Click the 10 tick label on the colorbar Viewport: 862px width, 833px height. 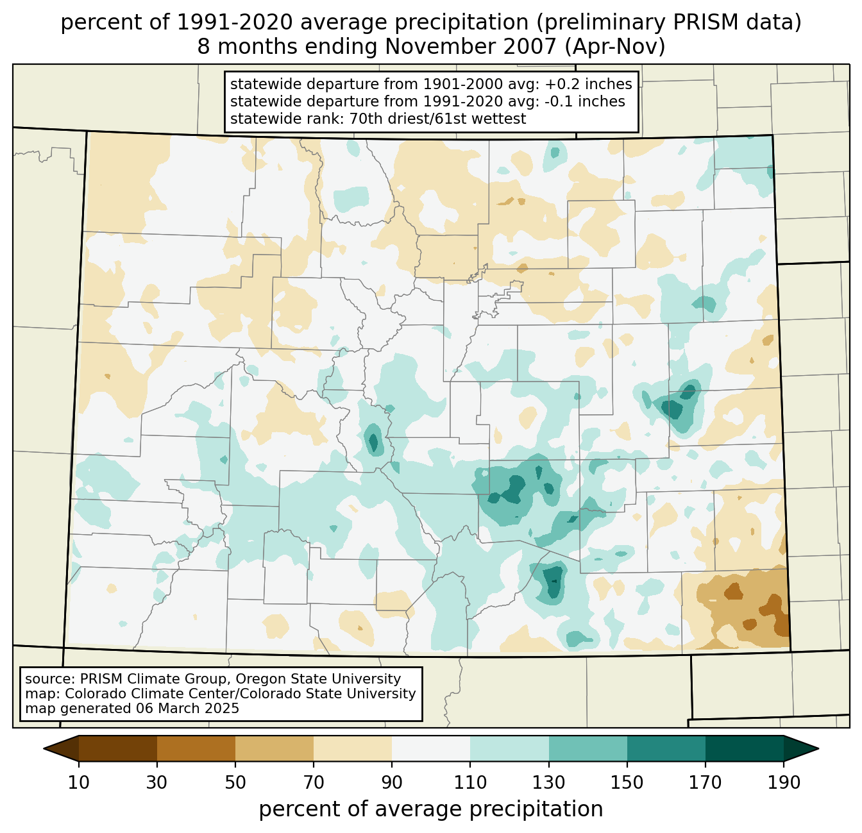pos(78,782)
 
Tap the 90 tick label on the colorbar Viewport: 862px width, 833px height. pos(392,782)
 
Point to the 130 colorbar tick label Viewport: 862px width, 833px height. pos(549,782)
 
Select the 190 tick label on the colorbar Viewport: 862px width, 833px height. pos(784,782)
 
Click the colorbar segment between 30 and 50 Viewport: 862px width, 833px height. pos(196,748)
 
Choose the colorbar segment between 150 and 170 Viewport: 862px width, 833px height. pos(666,748)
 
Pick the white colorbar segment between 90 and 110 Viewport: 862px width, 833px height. pos(431,748)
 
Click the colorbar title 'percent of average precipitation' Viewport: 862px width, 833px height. pos(431,809)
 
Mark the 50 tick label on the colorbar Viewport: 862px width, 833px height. pos(235,782)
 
